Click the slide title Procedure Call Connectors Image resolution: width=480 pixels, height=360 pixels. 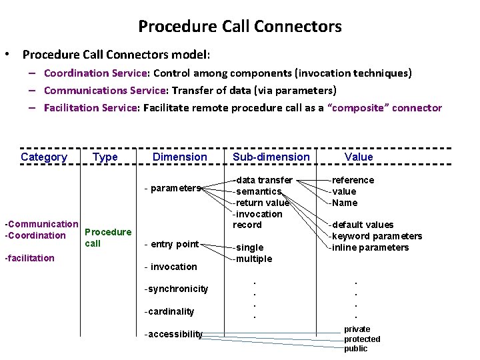(239, 27)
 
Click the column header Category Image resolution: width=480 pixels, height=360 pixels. (44, 157)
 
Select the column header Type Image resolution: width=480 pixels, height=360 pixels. (105, 157)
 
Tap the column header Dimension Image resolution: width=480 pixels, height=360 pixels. (180, 157)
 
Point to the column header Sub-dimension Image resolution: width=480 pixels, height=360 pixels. (271, 157)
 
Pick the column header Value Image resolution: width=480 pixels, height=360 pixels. (359, 157)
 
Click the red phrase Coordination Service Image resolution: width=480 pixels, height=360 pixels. (95, 73)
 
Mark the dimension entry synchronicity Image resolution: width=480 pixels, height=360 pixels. (176, 289)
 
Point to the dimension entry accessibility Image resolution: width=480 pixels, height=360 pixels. (173, 334)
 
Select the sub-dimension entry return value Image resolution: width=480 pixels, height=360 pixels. (261, 203)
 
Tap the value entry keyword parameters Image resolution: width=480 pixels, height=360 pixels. (377, 236)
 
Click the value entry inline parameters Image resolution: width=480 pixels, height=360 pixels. (370, 247)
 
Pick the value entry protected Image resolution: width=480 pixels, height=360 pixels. (362, 339)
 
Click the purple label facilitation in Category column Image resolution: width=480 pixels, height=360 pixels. (29, 258)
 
